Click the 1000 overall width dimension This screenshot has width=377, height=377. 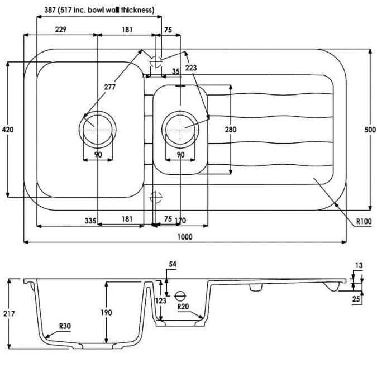point(185,237)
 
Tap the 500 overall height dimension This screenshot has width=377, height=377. point(370,130)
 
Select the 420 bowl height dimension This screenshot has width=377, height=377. point(8,130)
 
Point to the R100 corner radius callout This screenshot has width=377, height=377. point(364,221)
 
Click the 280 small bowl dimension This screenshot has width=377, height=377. point(231,130)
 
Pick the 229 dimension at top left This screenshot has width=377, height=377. point(60,30)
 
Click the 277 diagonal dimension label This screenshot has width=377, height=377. point(109,87)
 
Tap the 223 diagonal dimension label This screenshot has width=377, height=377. point(191,68)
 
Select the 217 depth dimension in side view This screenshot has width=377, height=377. point(9,313)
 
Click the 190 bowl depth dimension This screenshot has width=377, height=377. point(106,313)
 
